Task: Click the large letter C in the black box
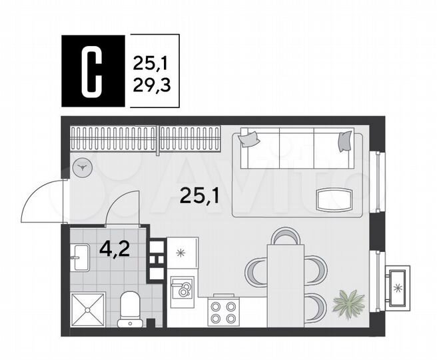[x=93, y=71]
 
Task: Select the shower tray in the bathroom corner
[x=89, y=309]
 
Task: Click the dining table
[x=285, y=285]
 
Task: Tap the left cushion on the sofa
[x=250, y=138]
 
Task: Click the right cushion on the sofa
[x=344, y=140]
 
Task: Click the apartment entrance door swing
[x=41, y=200]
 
